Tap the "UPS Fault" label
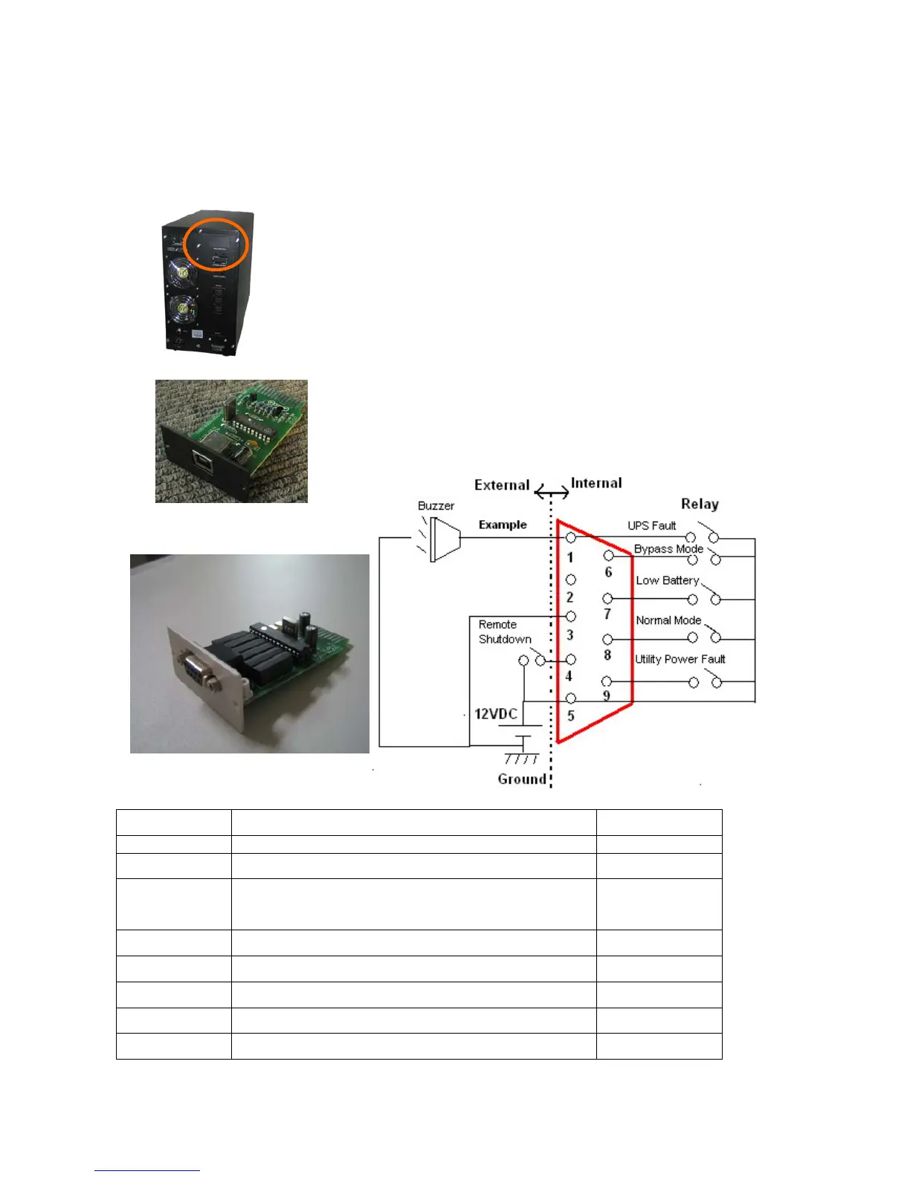point(651,525)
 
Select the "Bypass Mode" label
point(668,549)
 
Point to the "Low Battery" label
point(667,580)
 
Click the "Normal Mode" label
point(668,620)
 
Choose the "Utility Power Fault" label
point(680,659)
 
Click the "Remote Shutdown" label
point(505,632)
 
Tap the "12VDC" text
point(496,714)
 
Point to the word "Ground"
point(522,779)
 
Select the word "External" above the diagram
point(502,485)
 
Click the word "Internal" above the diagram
point(596,483)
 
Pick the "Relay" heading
point(700,504)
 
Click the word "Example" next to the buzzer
point(503,525)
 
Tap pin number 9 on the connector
point(607,695)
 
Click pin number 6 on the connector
point(608,571)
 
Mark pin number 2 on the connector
point(570,597)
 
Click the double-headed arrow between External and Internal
point(552,493)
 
